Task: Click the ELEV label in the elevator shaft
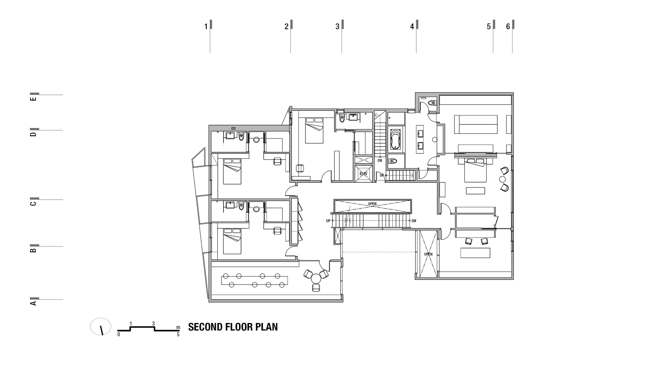[x=363, y=174]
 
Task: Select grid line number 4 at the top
[x=412, y=27]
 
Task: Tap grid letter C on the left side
[x=33, y=203]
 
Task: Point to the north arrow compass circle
[x=101, y=326]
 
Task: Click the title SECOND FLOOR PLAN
[x=233, y=327]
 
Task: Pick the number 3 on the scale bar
[x=153, y=323]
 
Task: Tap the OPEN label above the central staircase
[x=372, y=204]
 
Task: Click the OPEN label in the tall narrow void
[x=428, y=254]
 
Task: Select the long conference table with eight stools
[x=254, y=280]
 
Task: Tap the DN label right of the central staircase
[x=414, y=221]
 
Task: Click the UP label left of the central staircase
[x=328, y=221]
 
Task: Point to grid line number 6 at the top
[x=508, y=27]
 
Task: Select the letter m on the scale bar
[x=178, y=327]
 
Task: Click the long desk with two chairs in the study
[x=475, y=253]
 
